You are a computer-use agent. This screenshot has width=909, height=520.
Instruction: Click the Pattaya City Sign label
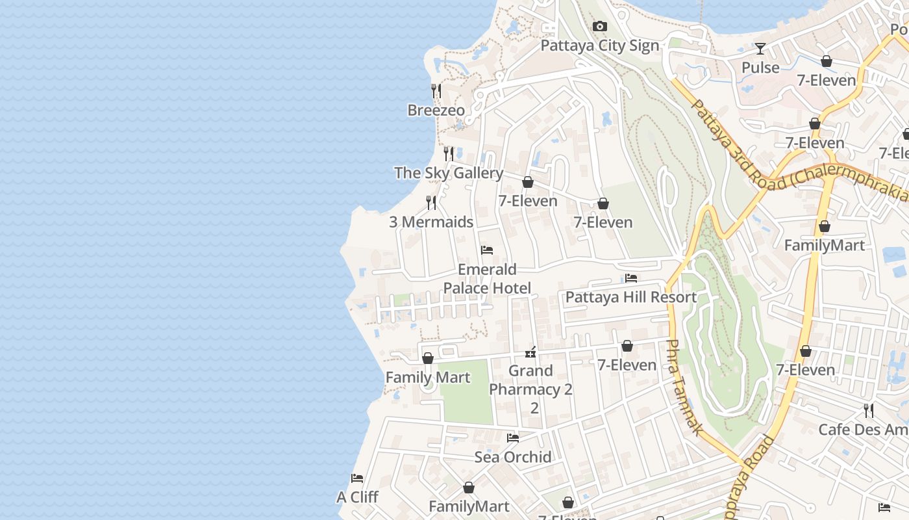(x=599, y=45)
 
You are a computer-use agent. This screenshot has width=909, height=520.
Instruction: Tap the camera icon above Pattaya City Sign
(x=599, y=26)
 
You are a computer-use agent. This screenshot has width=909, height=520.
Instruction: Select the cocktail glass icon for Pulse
(x=760, y=48)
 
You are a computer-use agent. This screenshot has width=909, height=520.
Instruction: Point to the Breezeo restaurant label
(x=436, y=110)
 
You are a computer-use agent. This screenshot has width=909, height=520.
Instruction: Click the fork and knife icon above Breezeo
(x=436, y=91)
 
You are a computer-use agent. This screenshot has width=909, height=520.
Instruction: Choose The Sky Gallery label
(x=448, y=173)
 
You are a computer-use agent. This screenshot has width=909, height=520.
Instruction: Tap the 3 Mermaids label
(x=431, y=222)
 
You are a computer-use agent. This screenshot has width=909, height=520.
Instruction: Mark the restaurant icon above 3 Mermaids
(x=430, y=203)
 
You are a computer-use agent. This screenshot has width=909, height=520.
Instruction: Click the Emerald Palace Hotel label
(x=487, y=279)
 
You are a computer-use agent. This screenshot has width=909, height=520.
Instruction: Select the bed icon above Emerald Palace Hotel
(x=487, y=250)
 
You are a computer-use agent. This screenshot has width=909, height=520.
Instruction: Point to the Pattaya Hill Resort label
(x=630, y=298)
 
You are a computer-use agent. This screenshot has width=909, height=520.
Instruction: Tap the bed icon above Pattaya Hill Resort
(x=630, y=279)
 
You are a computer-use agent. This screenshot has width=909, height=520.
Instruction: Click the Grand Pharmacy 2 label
(x=530, y=380)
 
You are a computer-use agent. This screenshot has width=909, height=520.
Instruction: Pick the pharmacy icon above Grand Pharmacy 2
(x=530, y=352)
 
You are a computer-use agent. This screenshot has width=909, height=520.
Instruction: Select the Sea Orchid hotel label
(x=512, y=457)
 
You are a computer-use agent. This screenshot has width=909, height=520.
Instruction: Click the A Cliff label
(x=357, y=497)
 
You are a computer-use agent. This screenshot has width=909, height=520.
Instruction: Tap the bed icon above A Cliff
(x=357, y=478)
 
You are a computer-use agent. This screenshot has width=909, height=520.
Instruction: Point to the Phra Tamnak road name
(x=684, y=387)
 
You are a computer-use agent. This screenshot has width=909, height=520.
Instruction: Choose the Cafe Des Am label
(x=863, y=430)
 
